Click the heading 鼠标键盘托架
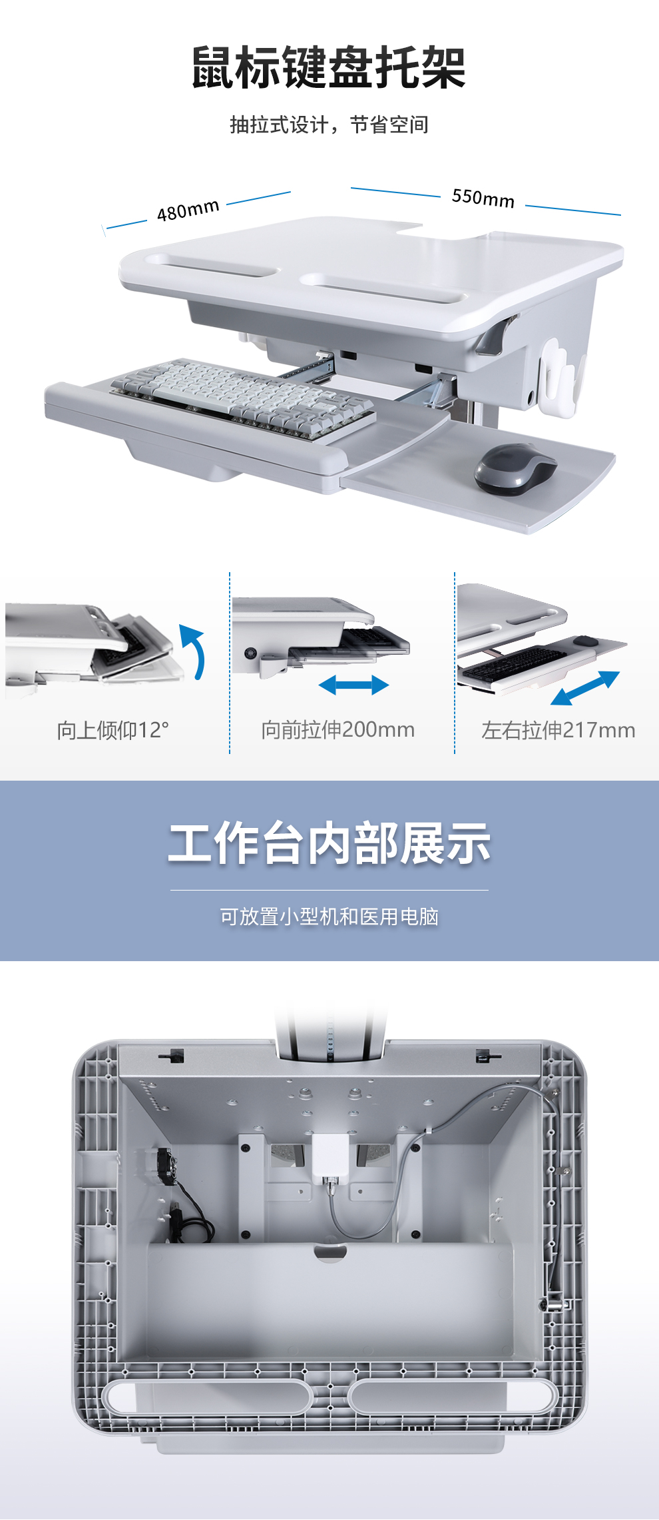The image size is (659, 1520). click(329, 67)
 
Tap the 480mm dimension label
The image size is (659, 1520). click(188, 210)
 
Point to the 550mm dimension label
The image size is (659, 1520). click(483, 198)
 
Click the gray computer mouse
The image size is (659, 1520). click(515, 469)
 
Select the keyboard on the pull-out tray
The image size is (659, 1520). click(243, 398)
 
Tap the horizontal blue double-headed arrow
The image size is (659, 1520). click(353, 685)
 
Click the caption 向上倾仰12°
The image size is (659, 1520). click(112, 730)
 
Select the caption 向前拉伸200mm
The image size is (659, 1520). click(337, 729)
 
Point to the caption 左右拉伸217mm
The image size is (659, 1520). click(558, 730)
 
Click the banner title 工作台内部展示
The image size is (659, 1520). click(329, 843)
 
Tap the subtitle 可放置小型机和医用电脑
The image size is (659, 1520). click(329, 917)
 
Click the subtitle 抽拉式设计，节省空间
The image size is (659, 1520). click(329, 125)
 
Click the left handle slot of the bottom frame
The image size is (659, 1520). click(207, 1396)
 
